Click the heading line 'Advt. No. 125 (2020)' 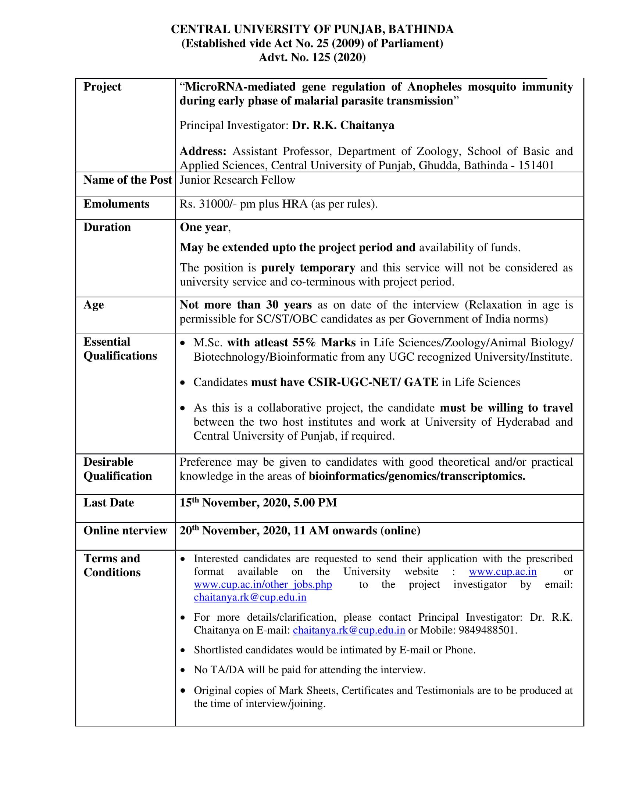tap(312, 58)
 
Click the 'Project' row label tap(102, 87)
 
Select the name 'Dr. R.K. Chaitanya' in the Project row tap(343, 126)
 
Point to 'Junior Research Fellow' tap(238, 180)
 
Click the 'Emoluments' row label tap(116, 204)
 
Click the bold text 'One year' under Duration tap(204, 227)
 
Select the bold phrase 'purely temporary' tap(308, 268)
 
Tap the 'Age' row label tap(93, 305)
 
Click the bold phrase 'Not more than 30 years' tap(246, 305)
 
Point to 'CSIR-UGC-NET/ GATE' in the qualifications tap(373, 382)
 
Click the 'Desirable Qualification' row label tap(118, 469)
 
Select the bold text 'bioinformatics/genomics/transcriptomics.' tap(417, 476)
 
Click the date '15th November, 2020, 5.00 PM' tap(258, 503)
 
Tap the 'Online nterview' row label tap(125, 531)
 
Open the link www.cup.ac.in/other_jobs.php tap(263, 585)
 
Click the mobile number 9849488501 tap(486, 630)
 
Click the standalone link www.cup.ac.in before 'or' tap(503, 571)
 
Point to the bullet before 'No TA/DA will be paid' tap(182, 670)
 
